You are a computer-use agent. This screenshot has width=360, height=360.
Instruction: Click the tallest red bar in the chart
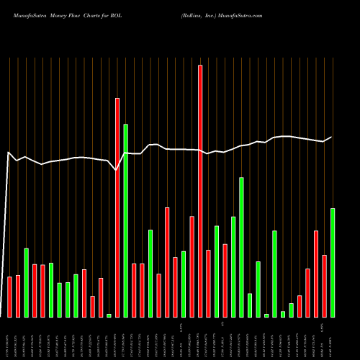[x=200, y=191]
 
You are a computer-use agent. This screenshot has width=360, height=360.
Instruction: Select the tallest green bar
[x=125, y=220]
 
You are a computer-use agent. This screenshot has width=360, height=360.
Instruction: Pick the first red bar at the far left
[x=9, y=297]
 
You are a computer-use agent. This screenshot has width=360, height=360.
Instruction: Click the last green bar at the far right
[x=333, y=263]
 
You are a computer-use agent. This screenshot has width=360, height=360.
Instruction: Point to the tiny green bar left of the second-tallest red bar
[x=109, y=315]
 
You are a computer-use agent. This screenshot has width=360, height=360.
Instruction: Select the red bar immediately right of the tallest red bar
[x=208, y=284]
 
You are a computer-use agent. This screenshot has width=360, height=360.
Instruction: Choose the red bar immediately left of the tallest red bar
[x=192, y=266]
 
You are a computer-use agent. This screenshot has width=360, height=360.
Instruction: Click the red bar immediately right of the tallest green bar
[x=134, y=290]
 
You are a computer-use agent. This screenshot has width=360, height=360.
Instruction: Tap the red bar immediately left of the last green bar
[x=325, y=286]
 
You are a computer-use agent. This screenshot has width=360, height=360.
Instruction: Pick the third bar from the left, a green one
[x=26, y=282]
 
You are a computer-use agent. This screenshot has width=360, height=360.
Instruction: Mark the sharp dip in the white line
[x=117, y=170]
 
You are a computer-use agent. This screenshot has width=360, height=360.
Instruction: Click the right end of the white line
[x=331, y=137]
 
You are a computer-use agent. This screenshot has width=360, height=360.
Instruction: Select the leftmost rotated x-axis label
[x=9, y=338]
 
